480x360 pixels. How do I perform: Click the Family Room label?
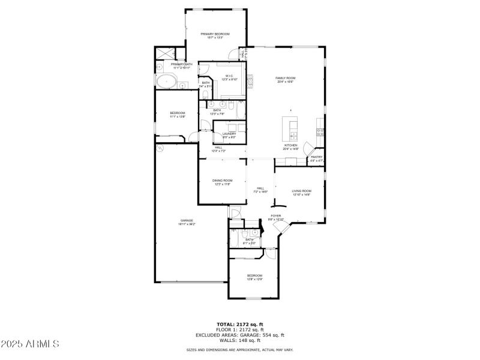286,80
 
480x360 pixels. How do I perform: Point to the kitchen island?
293,127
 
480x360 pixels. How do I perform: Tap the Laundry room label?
229,136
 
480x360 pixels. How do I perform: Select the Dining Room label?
222,182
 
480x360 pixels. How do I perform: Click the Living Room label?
301,193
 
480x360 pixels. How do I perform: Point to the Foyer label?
275,217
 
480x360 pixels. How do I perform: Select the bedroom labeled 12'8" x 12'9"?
254,277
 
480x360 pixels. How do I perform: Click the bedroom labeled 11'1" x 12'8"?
177,115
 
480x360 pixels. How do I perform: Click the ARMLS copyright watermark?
30,344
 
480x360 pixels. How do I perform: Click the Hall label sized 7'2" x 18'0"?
260,190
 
